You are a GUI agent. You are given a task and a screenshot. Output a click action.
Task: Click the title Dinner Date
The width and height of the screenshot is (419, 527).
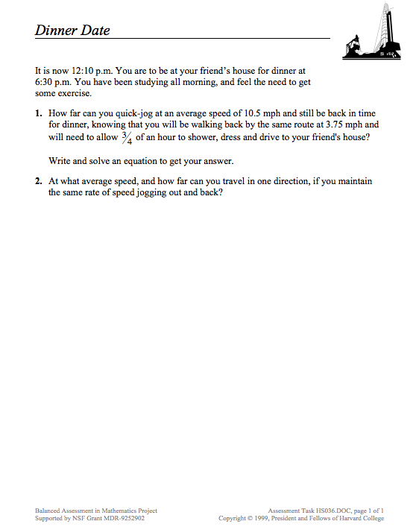(72, 31)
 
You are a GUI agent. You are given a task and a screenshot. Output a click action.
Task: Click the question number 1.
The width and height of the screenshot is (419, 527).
(38, 114)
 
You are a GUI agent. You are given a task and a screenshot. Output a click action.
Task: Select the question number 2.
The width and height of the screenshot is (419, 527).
(38, 181)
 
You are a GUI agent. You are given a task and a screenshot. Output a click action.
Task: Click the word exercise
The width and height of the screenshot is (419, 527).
(74, 94)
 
